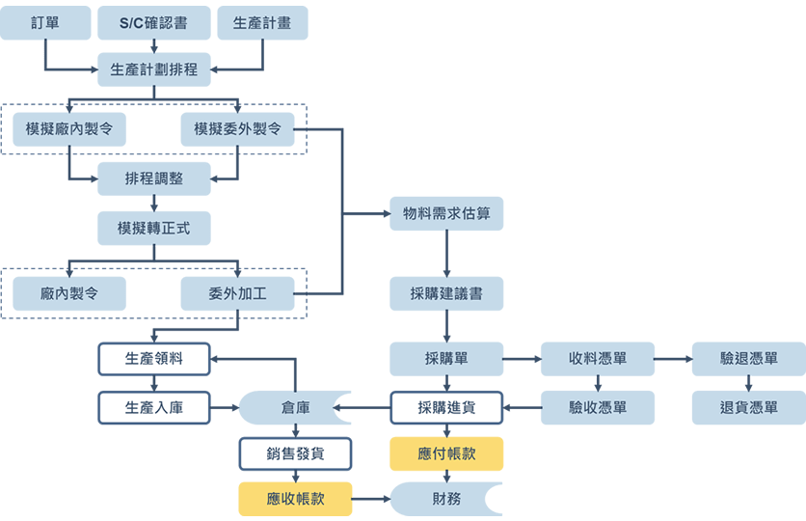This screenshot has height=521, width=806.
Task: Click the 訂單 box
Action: coord(45,23)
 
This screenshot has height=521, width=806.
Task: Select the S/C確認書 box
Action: coord(154,23)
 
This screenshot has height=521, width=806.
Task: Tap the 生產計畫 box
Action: coord(262,23)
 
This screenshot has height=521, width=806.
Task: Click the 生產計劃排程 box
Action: coord(154,69)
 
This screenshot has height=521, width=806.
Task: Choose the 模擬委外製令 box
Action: coord(238,129)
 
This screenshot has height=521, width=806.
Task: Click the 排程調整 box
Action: coord(154,178)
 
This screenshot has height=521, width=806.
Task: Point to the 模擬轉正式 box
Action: coord(154,229)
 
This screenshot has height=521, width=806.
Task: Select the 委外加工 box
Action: coord(238,293)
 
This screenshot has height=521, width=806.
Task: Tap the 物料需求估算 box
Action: coord(446,213)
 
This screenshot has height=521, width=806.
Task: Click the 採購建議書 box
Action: coord(446,293)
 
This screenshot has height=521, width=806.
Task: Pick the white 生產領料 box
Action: coord(154,359)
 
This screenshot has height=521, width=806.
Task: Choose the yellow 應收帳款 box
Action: coord(295,499)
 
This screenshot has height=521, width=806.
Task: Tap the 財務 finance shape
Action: coord(446,499)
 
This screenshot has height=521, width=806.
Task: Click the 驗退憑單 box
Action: coord(749,359)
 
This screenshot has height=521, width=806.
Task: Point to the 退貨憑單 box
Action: coord(749,408)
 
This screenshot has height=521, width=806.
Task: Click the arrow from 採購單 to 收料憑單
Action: coord(522,359)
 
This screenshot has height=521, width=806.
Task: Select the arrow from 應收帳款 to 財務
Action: coord(371,499)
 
